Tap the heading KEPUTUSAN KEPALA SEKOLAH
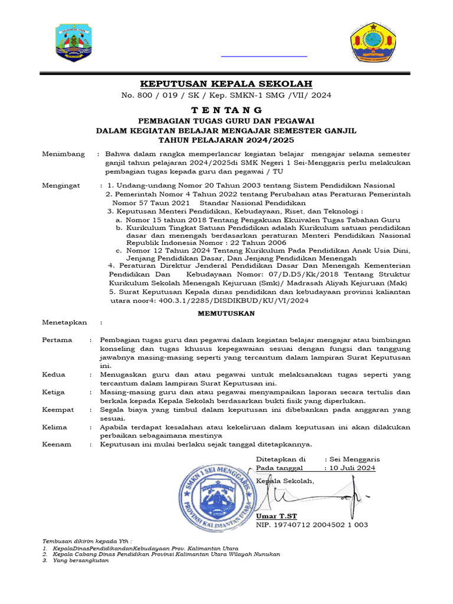tap(226, 83)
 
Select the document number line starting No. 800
tap(226, 95)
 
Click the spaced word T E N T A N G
tap(226, 110)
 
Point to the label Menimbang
tap(63, 154)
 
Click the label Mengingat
tap(61, 185)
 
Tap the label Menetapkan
tap(64, 323)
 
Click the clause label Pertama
tap(57, 340)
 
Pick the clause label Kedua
tap(54, 375)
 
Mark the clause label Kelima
tap(55, 427)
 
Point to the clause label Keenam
tap(57, 444)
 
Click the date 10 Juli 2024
tap(353, 468)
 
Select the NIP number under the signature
tap(311, 524)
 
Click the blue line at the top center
tap(264, 57)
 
